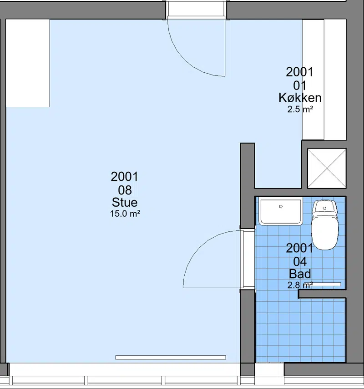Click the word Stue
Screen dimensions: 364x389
[x=125, y=202]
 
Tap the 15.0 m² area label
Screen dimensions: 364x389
[x=125, y=214]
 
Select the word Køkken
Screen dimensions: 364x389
[x=300, y=98]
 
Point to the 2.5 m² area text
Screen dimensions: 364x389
[x=300, y=109]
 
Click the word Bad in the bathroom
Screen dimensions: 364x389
[x=300, y=274]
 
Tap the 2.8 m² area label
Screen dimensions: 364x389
[x=300, y=285]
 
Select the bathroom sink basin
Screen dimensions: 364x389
[x=281, y=212]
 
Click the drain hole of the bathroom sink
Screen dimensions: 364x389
[x=281, y=206]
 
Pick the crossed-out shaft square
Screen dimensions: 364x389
[x=327, y=169]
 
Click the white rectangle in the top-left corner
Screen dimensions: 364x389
[x=28, y=63]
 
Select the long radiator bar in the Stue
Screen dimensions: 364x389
[x=171, y=357]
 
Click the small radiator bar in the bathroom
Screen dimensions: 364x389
[x=326, y=284]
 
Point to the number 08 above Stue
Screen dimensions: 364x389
[x=125, y=190]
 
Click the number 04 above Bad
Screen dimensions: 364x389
[x=300, y=262]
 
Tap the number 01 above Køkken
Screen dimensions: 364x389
[x=300, y=85]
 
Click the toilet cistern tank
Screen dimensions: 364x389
[x=325, y=207]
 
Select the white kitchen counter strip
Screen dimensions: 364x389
[x=313, y=80]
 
